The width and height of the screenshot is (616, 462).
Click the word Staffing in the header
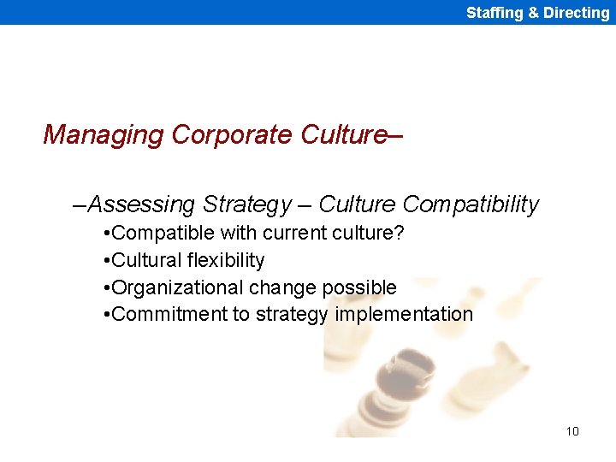(493, 13)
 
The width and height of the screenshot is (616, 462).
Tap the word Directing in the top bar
(576, 13)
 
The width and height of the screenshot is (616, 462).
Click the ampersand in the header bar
(533, 13)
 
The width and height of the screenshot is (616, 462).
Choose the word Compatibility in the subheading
(471, 204)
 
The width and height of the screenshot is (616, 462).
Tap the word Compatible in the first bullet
(163, 233)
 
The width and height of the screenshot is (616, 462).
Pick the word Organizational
(177, 287)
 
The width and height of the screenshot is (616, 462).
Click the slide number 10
(572, 431)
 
